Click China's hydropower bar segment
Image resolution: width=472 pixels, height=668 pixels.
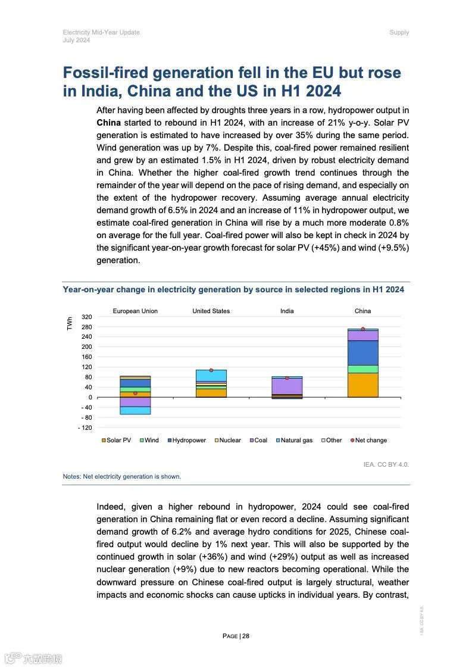point(362,352)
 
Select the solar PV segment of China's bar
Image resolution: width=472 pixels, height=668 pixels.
point(362,385)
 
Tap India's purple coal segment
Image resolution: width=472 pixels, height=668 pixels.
point(287,386)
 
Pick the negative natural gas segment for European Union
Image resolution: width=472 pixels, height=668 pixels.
point(135,410)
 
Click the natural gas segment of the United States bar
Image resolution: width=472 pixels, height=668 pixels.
point(211,375)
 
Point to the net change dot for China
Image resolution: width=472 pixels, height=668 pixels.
point(362,329)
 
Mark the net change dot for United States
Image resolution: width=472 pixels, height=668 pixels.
point(211,370)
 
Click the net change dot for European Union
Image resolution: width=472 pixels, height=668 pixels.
point(135,393)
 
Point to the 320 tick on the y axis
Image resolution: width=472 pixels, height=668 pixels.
point(87,317)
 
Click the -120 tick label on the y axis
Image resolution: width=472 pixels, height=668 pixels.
point(86,427)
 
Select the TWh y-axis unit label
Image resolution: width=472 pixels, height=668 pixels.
point(70,323)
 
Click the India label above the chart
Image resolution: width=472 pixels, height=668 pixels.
point(287,311)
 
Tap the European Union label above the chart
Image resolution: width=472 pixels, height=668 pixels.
point(135,311)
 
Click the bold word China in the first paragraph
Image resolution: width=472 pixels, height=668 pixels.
point(108,123)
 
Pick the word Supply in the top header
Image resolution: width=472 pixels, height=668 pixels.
point(399,32)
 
